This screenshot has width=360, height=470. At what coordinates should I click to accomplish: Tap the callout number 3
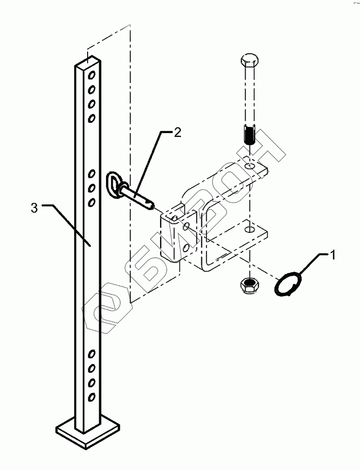(34, 208)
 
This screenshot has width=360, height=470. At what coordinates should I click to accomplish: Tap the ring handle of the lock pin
(116, 184)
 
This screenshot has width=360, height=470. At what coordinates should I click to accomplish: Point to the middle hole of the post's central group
(91, 186)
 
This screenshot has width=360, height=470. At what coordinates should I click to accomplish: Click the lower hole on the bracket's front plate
(185, 247)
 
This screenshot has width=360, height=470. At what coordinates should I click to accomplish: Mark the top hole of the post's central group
(91, 173)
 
